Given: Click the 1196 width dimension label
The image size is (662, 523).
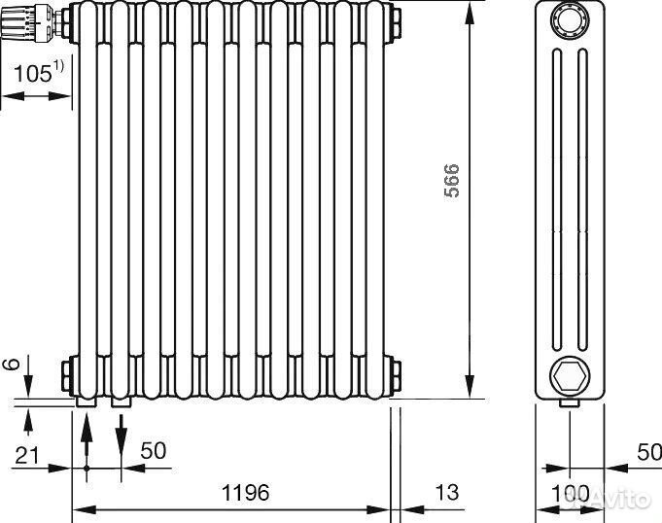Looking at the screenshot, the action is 245,492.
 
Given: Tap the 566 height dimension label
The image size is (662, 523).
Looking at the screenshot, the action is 452,180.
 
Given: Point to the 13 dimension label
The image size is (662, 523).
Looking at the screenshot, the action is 446,492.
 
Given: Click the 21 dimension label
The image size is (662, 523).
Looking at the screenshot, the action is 26,456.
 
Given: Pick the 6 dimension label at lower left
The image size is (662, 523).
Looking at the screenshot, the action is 12,364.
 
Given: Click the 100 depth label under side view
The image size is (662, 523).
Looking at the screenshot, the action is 570,493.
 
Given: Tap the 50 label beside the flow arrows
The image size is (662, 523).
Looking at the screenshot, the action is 154,451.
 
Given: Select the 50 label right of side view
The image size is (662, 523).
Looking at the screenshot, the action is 649,452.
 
